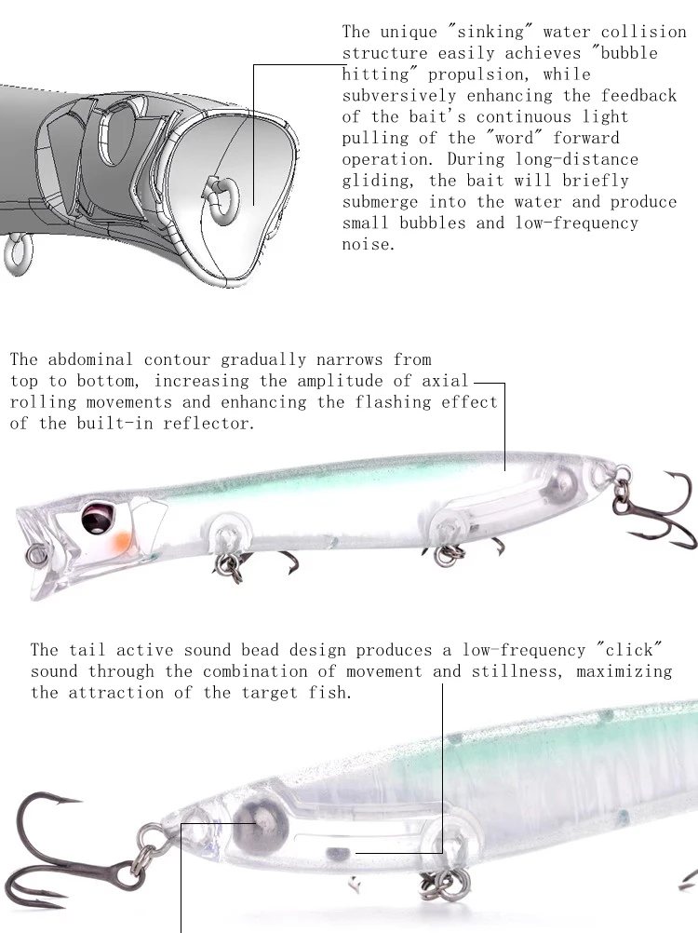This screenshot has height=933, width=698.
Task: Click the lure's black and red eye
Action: point(96,518)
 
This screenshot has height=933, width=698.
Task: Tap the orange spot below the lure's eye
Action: point(121,542)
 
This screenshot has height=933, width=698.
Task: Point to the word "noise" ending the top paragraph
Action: point(368,244)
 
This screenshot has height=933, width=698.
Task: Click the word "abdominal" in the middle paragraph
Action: point(90,359)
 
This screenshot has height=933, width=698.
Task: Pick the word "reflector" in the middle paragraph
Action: point(208,423)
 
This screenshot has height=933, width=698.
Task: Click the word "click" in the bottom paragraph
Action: point(629,650)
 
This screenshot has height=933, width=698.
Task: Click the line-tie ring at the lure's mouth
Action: point(35,556)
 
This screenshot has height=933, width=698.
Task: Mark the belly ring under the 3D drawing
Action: point(19,254)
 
